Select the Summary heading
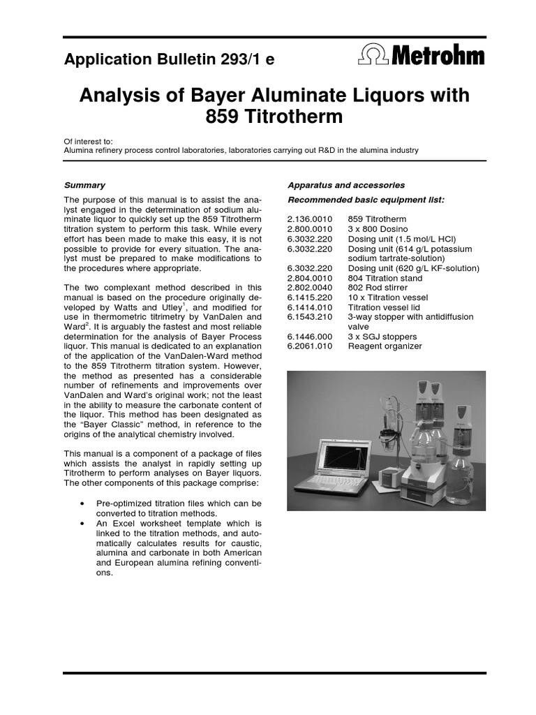[x=84, y=185]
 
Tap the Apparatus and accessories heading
[x=345, y=185]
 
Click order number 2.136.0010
[x=310, y=219]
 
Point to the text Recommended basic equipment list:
[x=366, y=200]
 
